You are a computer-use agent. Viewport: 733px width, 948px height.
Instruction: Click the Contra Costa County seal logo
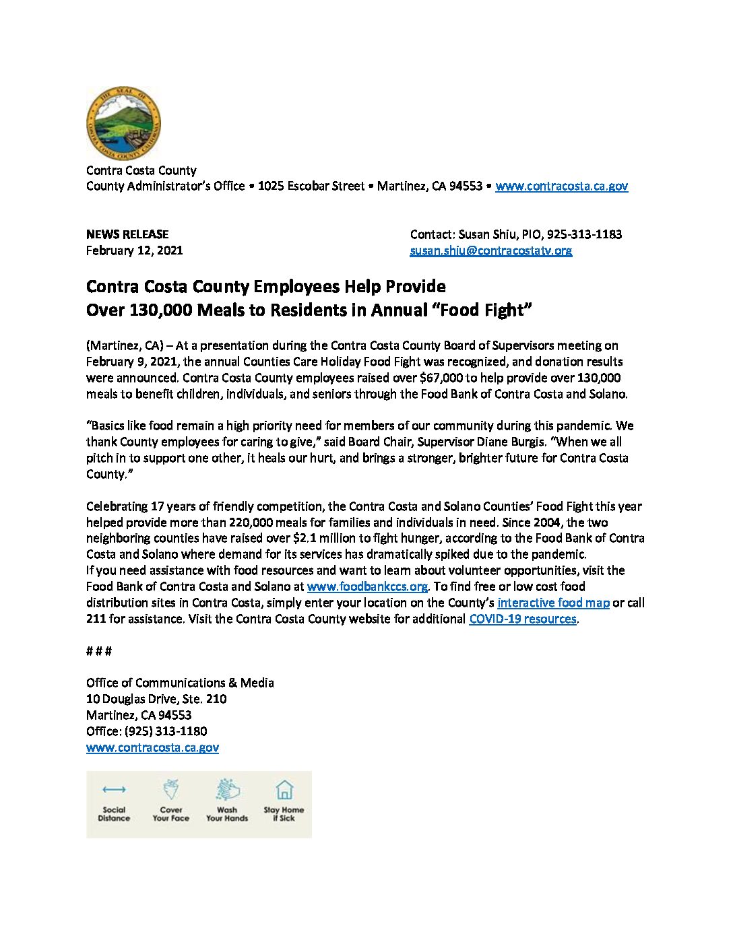click(x=123, y=124)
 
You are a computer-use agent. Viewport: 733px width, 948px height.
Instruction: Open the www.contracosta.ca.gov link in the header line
click(x=561, y=187)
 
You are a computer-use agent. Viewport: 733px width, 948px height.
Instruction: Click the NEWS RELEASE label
click(x=127, y=234)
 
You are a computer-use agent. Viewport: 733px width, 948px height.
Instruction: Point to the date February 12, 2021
click(x=134, y=250)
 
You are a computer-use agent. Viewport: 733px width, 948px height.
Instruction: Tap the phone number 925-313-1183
click(x=584, y=234)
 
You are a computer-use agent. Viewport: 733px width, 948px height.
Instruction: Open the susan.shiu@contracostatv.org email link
click(x=491, y=250)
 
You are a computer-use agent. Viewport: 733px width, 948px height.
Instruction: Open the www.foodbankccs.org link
click(x=367, y=586)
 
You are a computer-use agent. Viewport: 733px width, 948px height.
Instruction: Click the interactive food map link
click(x=553, y=603)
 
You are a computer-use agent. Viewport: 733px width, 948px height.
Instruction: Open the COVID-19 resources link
click(x=522, y=619)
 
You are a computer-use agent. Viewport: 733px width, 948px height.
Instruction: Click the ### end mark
click(x=98, y=651)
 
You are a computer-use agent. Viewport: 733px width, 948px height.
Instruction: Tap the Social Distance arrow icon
click(x=114, y=789)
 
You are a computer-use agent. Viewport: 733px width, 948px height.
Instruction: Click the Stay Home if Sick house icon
click(x=284, y=789)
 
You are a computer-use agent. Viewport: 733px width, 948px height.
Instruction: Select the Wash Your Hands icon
click(x=227, y=789)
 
